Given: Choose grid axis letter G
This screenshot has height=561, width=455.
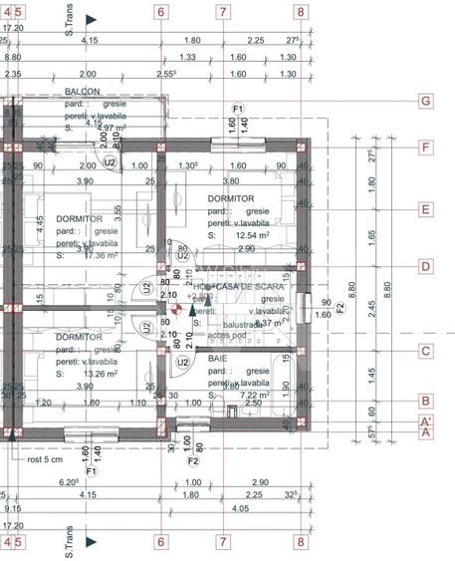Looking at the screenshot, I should [424, 101].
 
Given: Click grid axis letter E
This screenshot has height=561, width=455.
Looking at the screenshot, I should [424, 209].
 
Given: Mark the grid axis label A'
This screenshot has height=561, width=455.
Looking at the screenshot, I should [425, 421].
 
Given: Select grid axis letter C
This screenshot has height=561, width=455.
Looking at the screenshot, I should [424, 350].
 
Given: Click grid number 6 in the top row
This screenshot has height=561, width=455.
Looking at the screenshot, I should [160, 13].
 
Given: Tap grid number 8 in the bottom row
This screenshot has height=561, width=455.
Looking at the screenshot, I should [300, 542].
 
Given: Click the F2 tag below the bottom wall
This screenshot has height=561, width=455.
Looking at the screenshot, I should [194, 460].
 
